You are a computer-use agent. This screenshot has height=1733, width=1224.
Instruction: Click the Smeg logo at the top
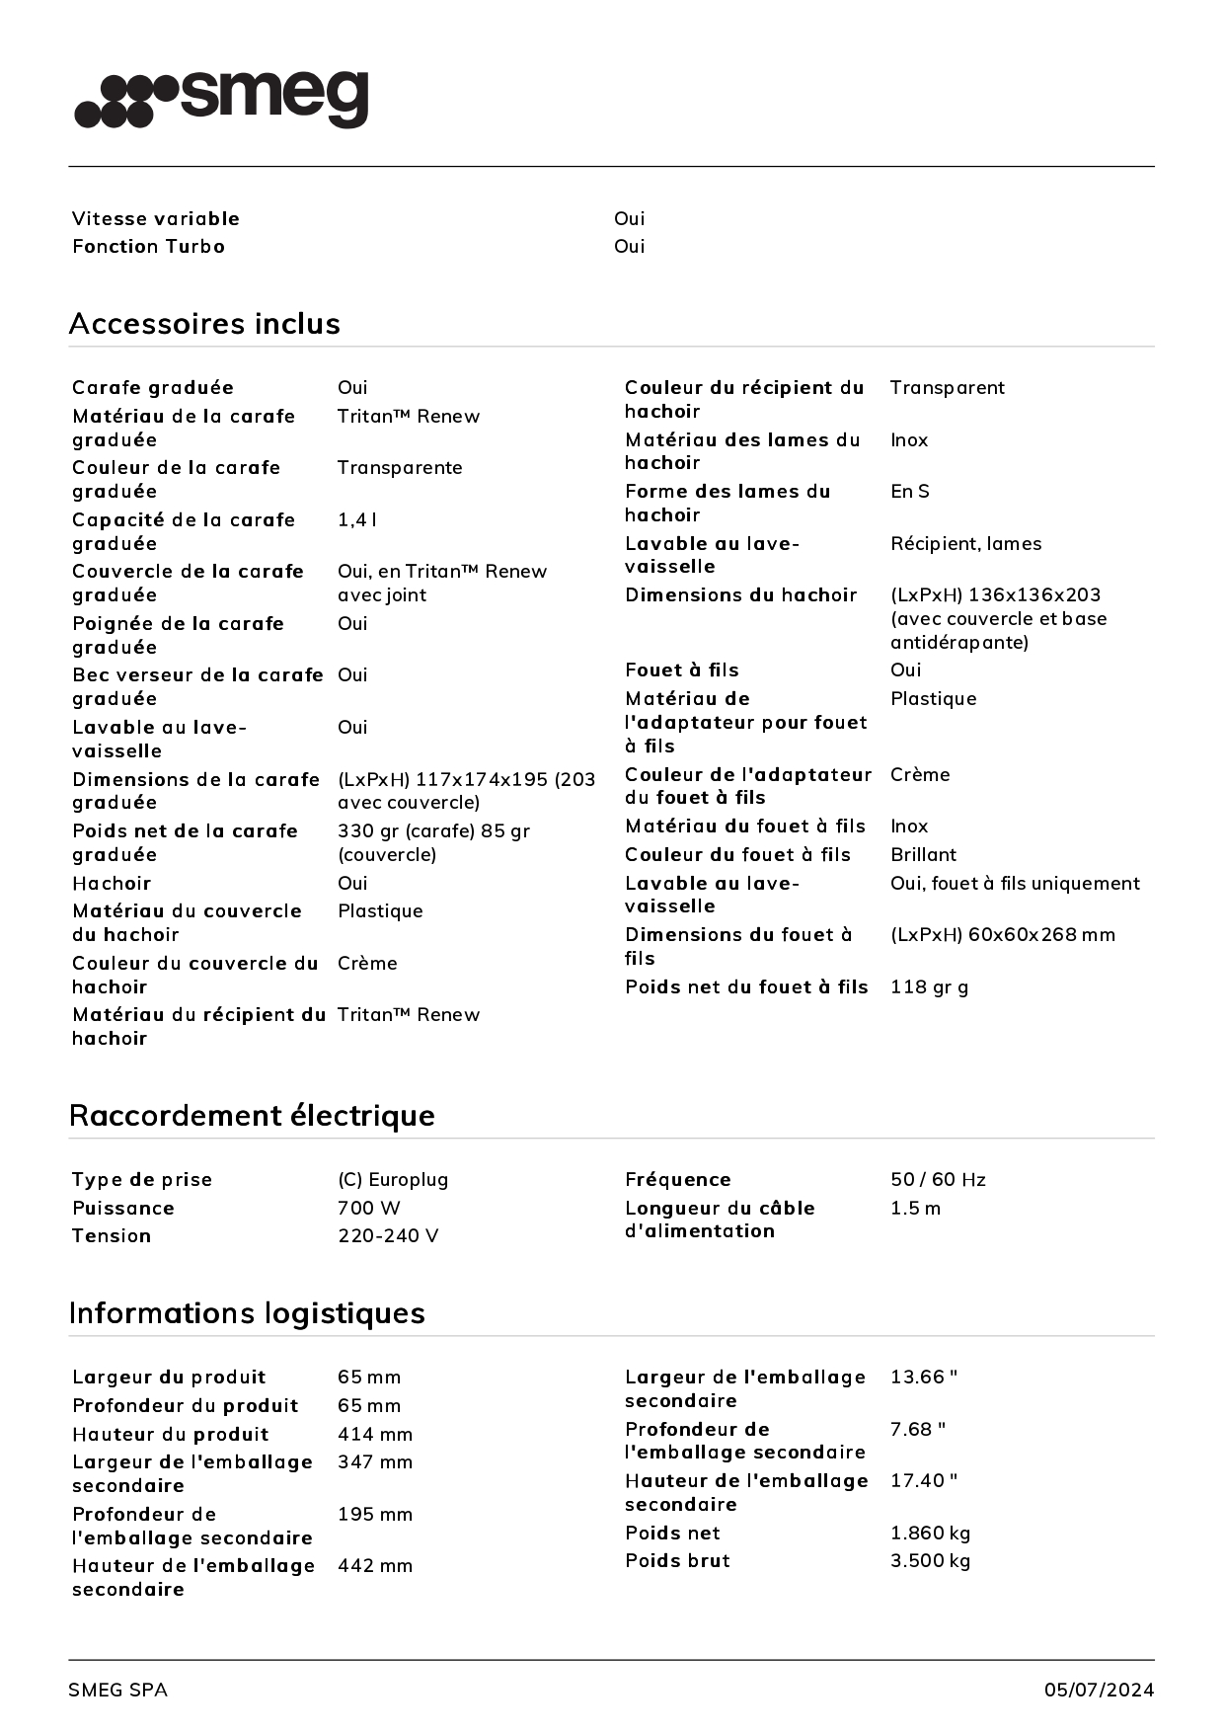coord(222,100)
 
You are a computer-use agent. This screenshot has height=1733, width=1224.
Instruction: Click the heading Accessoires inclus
coord(204,324)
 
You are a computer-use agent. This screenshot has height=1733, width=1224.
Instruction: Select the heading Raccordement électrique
coord(252,1116)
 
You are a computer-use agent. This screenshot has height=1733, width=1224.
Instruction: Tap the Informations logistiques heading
coord(247,1313)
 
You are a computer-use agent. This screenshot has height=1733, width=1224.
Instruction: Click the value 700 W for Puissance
coord(368,1208)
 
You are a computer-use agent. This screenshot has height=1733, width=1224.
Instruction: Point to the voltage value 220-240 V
coord(388,1235)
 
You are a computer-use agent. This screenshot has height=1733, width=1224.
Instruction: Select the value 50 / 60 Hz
coord(938,1179)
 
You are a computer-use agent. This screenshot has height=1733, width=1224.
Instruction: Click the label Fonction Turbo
coord(148,246)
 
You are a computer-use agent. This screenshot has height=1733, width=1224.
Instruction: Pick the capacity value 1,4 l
coord(357,519)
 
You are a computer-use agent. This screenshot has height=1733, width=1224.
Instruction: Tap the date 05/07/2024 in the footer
coord(1099,1690)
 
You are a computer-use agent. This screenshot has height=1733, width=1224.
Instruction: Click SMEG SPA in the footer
coord(117,1690)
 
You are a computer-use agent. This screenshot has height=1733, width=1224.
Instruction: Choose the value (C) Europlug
coord(393,1179)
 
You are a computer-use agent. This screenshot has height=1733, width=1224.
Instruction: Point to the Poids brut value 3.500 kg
coord(930,1560)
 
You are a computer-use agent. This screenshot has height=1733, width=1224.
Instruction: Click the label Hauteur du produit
coord(170,1434)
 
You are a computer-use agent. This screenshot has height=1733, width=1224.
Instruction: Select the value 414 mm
coord(375,1434)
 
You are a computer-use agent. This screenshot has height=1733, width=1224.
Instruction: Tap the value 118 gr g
coord(929,986)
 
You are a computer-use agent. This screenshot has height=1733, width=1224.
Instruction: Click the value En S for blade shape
coord(909,491)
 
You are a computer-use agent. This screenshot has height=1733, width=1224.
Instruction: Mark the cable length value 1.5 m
coord(915,1208)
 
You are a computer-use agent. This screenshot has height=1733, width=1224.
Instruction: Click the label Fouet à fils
coord(681,670)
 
